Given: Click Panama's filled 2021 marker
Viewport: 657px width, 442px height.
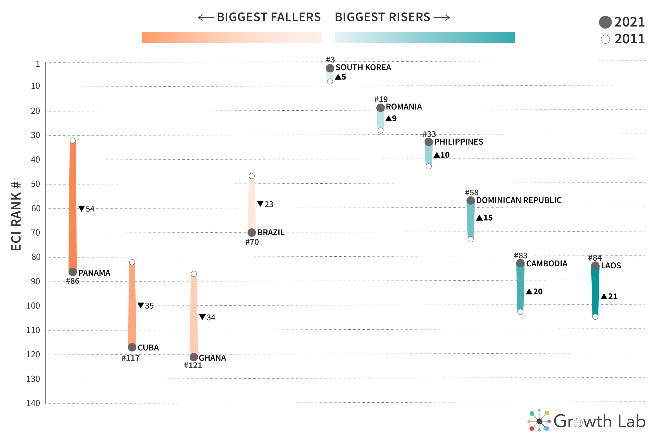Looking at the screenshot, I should click(x=73, y=272).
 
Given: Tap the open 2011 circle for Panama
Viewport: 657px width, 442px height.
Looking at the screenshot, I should click(x=73, y=141).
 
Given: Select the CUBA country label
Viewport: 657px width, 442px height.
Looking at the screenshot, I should click(x=148, y=348).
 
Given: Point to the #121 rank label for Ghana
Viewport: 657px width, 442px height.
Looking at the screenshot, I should click(x=193, y=366).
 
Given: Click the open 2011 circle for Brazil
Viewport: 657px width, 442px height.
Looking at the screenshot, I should click(x=252, y=176).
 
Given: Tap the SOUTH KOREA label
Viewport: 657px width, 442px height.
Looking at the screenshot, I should click(x=363, y=68).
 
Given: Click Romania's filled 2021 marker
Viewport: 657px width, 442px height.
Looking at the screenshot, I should click(x=380, y=108).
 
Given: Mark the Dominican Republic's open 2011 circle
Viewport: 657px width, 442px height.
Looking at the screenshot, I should click(x=471, y=239).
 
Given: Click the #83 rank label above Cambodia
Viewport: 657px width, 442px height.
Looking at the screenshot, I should click(x=521, y=256).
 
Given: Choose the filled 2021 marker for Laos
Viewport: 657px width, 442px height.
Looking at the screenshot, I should click(x=595, y=266).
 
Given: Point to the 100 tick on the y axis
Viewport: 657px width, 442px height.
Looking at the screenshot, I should click(x=33, y=306).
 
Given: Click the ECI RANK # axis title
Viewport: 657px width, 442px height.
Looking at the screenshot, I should click(x=16, y=216).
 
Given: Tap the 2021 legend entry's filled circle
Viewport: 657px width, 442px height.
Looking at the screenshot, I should click(x=605, y=22).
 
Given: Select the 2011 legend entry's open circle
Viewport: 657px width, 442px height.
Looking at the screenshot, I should click(x=605, y=39).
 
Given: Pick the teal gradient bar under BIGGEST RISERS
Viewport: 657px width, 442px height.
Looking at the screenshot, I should click(x=425, y=37).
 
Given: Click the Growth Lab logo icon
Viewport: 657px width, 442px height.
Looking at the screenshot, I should click(x=539, y=421).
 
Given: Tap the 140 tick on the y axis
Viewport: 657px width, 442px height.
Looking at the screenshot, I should click(x=33, y=403).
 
